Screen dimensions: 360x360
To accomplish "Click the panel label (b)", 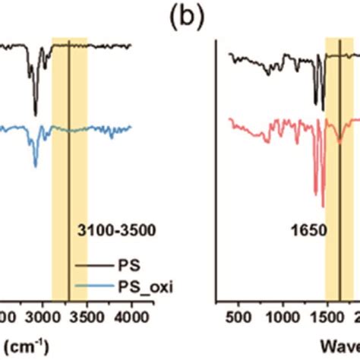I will pyautogui.click(x=179, y=17).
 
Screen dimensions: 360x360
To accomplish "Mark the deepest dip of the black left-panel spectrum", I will pyautogui.click(x=35, y=115).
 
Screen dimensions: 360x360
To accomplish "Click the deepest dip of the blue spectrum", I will pyautogui.click(x=35, y=166).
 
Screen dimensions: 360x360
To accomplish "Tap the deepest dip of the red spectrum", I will pyautogui.click(x=323, y=205).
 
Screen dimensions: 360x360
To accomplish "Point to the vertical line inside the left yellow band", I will pyautogui.click(x=69, y=152).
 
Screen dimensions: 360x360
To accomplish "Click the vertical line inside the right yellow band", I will pyautogui.click(x=339, y=152).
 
